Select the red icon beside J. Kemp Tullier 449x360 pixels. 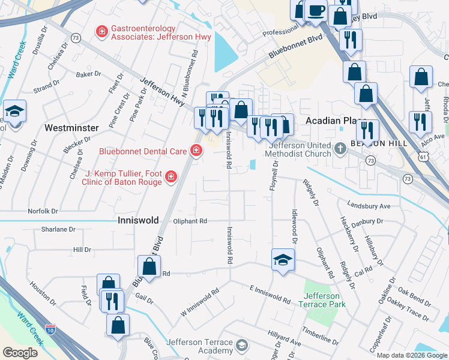tap(171, 176)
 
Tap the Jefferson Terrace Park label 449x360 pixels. tap(322, 300)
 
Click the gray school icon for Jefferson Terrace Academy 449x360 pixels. tap(241, 345)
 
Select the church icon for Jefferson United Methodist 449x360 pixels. tap(340, 147)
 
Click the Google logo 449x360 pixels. tap(20, 352)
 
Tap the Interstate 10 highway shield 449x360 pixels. tap(50, 329)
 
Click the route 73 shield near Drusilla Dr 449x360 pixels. tap(75, 38)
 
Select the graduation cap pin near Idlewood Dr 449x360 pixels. tap(282, 260)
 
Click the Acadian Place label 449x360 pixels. tap(331, 121)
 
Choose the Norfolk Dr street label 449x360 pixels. tap(43, 211)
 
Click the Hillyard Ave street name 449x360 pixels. tap(285, 341)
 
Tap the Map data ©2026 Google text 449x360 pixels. tap(411, 355)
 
